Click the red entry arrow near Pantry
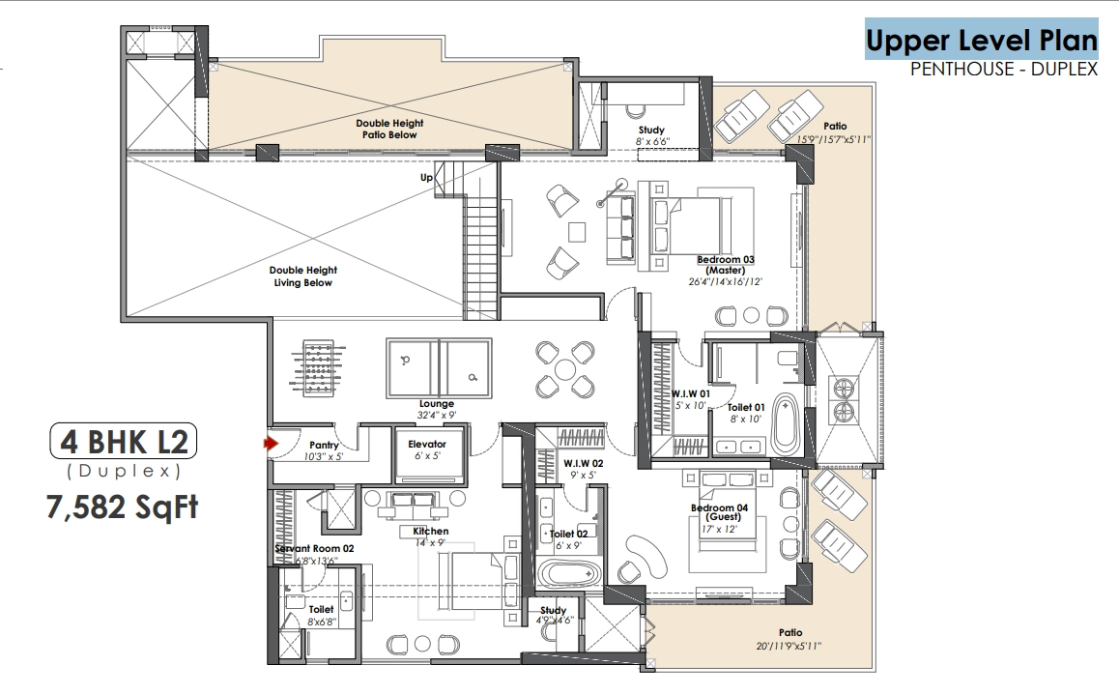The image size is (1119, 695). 271,444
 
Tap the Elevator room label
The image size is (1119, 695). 427,444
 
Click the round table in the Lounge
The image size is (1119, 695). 565,369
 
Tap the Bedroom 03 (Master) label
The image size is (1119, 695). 726,265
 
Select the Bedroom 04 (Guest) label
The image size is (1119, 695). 719,512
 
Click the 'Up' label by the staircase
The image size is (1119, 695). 426,177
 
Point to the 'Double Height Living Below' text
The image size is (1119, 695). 303,276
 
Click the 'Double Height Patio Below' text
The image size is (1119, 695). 389,129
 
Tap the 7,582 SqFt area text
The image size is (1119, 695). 122,507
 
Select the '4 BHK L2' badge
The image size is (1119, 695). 124,442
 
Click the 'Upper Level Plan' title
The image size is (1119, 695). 981,40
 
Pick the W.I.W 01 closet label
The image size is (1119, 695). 690,393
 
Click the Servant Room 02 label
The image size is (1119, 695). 315,548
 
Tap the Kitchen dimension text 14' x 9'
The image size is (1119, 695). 430,543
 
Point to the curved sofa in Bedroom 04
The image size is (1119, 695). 646,558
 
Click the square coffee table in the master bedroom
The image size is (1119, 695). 577,233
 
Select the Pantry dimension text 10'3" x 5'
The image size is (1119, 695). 324,456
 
